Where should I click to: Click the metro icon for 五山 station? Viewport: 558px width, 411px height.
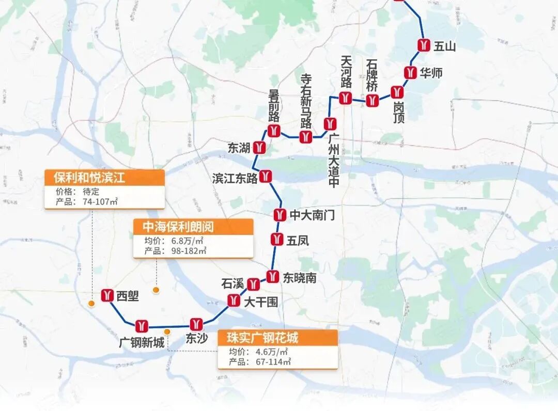pos(424,45)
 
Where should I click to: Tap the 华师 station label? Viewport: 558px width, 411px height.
pos(431,73)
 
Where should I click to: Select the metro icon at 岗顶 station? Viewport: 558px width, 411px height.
pos(397,92)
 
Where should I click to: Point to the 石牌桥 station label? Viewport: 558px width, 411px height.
pos(372,75)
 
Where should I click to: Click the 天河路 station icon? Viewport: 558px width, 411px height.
pos(345,98)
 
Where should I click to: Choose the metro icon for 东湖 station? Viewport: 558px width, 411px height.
pos(260,148)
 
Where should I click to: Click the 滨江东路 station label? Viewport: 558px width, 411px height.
pos(235,178)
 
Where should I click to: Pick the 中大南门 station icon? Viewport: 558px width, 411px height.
pos(280,214)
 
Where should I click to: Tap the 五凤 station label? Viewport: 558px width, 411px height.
pos(298,240)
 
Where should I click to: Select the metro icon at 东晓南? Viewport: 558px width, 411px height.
pos(273,277)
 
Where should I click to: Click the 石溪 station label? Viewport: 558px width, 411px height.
pos(232,283)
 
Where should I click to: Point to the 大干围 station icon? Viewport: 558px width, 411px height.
pos(234,300)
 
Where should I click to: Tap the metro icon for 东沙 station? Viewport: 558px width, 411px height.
pos(195,324)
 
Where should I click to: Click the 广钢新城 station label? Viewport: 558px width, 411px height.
pos(142,342)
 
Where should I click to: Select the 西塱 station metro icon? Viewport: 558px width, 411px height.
pos(107,295)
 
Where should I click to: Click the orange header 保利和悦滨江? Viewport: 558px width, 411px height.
pos(104,178)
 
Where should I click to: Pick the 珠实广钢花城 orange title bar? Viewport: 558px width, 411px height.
pos(277,338)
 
